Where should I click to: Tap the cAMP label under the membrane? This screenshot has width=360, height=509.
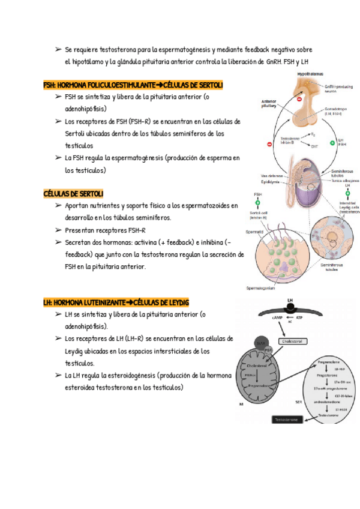[x=277, y=316]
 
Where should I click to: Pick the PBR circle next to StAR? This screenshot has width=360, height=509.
[x=269, y=349]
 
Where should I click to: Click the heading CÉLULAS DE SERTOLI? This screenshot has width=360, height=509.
[x=74, y=193]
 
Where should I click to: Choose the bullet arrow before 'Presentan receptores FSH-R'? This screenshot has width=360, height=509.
[x=58, y=230]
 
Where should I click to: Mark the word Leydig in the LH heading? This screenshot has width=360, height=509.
[x=176, y=302]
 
